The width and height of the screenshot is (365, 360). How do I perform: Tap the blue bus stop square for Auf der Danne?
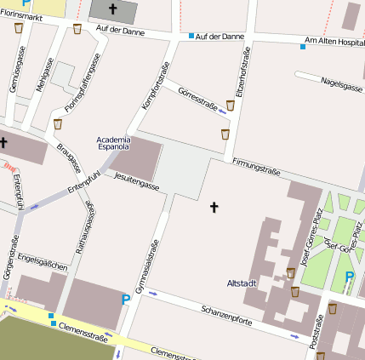coord(191,36)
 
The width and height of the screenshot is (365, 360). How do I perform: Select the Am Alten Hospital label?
coord(334,42)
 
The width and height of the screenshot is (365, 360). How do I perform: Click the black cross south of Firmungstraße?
coord(214,206)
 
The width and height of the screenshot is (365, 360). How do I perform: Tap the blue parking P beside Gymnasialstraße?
coord(127,299)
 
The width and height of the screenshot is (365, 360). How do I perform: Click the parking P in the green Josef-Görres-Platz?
coord(348,277)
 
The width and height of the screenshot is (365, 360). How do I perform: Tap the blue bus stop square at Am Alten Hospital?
coord(302,46)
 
